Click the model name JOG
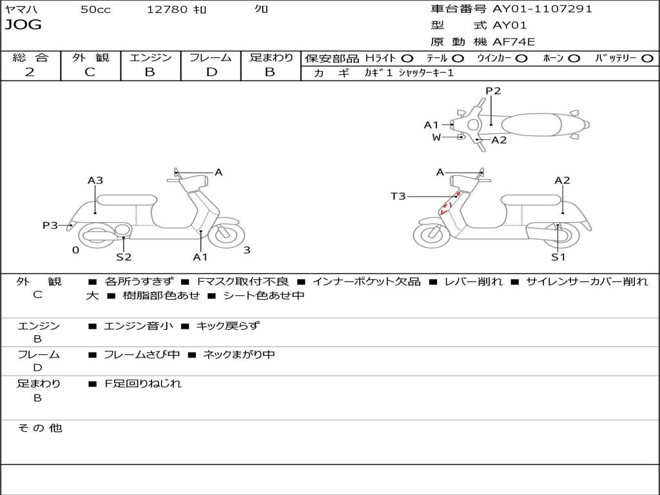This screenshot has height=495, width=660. point(23,25)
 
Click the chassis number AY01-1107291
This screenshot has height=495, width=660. point(542,9)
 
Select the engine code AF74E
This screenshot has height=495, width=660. point(514,43)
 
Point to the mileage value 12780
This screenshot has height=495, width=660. point(168,10)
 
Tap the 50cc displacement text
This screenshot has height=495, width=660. point(95,10)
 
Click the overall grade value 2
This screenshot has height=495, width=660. point(30,72)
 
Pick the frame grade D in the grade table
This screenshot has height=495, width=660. point(211,72)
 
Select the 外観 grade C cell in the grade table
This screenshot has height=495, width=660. point(90,72)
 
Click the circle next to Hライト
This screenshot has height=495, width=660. point(407,59)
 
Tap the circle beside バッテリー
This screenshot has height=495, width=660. point(647,59)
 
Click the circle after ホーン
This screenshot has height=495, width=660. point(574,59)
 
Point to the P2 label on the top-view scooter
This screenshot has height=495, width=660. point(493,91)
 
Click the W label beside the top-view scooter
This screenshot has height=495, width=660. point(436,137)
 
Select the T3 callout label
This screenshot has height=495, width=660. point(398,196)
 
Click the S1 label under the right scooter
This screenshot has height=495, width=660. point(558,257)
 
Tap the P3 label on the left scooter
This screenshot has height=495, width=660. point(50,226)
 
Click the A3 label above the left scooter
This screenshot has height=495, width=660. point(95,180)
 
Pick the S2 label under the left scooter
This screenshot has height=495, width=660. point(124,257)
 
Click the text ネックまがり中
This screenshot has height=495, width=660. point(238,354)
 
